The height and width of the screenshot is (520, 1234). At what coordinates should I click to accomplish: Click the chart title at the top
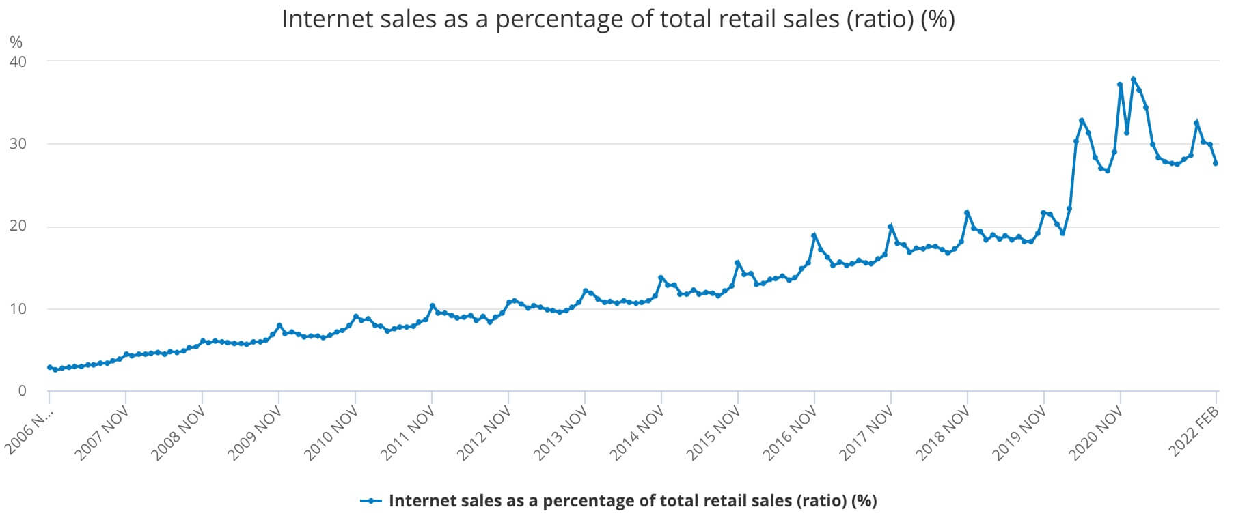click(617, 19)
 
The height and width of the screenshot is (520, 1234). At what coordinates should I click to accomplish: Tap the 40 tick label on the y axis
click(17, 62)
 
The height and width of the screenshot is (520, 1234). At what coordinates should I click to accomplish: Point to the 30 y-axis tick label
click(17, 144)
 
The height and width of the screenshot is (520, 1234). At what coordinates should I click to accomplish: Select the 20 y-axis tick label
click(17, 227)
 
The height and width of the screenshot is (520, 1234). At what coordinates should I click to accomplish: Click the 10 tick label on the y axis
click(17, 309)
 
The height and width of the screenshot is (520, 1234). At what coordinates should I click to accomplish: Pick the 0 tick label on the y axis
click(22, 391)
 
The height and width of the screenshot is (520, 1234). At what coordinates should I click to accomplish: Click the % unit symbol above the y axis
click(16, 42)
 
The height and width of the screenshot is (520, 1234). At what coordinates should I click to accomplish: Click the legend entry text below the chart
click(632, 501)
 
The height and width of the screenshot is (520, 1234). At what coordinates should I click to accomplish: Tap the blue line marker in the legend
click(370, 501)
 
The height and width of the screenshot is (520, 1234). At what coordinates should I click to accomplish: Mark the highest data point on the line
click(1134, 79)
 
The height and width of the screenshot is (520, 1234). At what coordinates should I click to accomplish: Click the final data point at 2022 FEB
click(1216, 163)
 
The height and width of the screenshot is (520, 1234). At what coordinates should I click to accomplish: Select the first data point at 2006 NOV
click(49, 367)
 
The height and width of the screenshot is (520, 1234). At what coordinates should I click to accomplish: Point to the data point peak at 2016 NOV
click(814, 235)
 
